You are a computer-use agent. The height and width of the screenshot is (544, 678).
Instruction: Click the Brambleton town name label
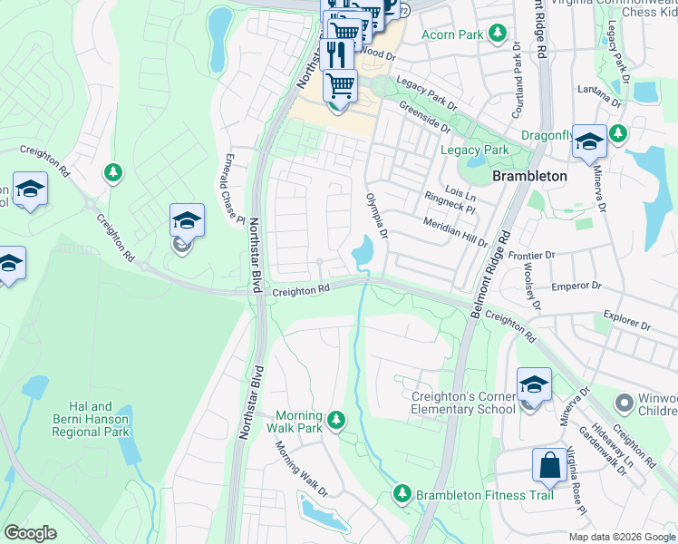pyautogui.click(x=529, y=176)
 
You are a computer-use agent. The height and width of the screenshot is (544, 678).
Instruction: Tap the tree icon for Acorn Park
pyautogui.click(x=497, y=34)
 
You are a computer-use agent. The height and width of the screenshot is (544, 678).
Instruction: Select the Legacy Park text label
pyautogui.click(x=474, y=150)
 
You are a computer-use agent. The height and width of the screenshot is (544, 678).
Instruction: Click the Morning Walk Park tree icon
pyautogui.click(x=336, y=419)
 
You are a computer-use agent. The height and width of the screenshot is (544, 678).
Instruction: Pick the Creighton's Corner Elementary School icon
pyautogui.click(x=534, y=384)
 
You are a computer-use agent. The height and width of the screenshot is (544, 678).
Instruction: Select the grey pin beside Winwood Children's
pyautogui.click(x=624, y=401)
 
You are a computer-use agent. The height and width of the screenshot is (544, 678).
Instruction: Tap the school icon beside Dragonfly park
pyautogui.click(x=589, y=141)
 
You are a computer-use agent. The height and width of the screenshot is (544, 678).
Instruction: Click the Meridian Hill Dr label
pyautogui.click(x=456, y=232)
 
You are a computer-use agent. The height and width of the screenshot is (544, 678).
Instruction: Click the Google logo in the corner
pyautogui.click(x=29, y=533)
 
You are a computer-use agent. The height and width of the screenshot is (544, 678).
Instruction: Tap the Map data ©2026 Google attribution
pyautogui.click(x=622, y=537)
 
